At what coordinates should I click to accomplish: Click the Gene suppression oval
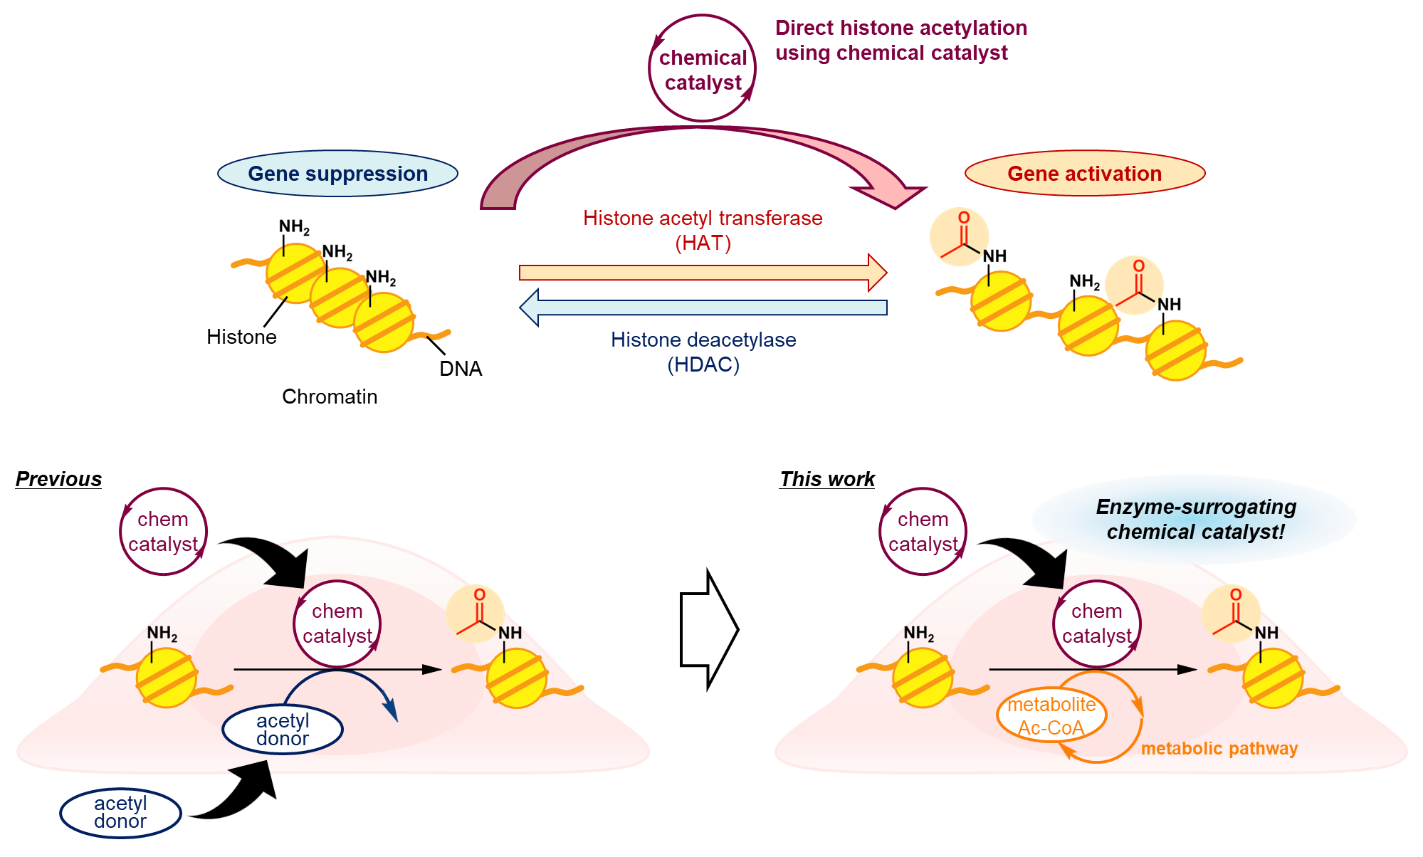[x=337, y=174]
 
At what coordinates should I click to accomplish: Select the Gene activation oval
[x=1084, y=174]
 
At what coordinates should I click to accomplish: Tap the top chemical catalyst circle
[x=703, y=70]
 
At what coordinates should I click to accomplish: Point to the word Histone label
[x=241, y=337]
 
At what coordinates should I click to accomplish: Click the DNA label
[x=461, y=369]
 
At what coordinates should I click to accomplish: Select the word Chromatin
[x=330, y=396]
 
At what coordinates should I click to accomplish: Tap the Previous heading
[x=58, y=479]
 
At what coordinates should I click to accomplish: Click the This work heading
[x=827, y=479]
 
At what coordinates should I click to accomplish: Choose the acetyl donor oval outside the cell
[x=120, y=812]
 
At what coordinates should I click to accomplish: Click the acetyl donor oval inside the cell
[x=283, y=730]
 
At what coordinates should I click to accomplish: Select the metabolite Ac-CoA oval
[x=1051, y=715]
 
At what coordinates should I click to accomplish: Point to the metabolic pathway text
[x=1219, y=749]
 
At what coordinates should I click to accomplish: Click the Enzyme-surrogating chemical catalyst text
[x=1196, y=520]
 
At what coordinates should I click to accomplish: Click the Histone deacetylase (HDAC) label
[x=703, y=352]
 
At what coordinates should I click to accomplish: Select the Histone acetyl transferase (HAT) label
[x=703, y=230]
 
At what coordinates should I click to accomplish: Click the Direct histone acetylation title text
[x=900, y=40]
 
